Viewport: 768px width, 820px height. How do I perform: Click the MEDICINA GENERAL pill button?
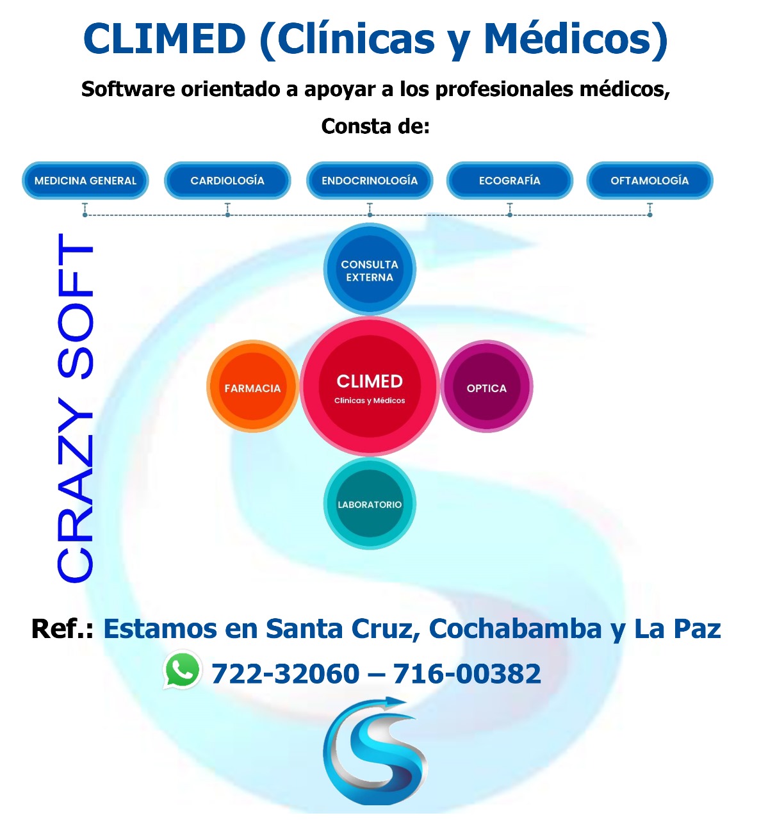coord(85,181)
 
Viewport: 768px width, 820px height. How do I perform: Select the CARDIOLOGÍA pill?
coord(227,181)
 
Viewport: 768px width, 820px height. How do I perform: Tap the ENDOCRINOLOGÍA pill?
coord(370,181)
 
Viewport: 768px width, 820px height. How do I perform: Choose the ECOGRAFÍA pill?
coord(509,181)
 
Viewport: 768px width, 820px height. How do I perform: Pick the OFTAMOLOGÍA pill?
coord(650,181)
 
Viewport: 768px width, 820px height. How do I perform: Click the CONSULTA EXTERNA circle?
coord(370,269)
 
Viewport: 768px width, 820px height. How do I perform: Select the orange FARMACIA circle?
coord(252,386)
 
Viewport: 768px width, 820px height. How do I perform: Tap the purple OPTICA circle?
coord(486,386)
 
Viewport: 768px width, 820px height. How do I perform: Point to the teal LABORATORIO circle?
coord(370,504)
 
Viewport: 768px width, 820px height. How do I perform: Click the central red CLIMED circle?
coord(370,386)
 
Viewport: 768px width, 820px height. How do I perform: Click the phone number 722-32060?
coord(285,674)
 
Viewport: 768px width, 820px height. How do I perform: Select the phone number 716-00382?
coord(466,674)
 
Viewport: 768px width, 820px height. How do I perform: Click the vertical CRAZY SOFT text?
coord(75,408)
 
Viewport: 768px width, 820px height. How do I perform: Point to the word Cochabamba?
coord(515,629)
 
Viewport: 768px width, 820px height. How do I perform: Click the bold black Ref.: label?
coord(62,629)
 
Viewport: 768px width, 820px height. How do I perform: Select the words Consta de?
coord(375,126)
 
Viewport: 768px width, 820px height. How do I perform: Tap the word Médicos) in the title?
coord(576,40)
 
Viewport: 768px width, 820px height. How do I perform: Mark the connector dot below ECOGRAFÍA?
coord(509,215)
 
